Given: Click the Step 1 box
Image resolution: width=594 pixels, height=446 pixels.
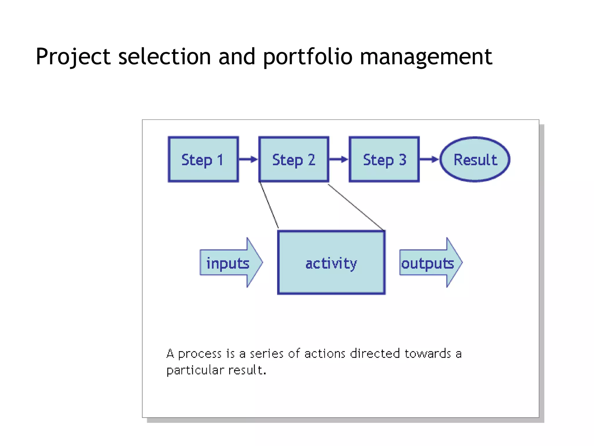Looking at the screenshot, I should (203, 159).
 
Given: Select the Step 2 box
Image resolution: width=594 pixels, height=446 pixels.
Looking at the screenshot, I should (294, 159).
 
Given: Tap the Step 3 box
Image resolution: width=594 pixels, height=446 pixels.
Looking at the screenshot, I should (384, 159).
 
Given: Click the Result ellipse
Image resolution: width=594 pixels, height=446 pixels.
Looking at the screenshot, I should (475, 159).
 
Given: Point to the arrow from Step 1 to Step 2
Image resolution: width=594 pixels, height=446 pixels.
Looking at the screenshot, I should (248, 159).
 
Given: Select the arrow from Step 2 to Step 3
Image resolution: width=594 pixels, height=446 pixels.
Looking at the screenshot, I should (339, 159).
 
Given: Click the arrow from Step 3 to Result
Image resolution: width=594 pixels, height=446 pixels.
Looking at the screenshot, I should (429, 159).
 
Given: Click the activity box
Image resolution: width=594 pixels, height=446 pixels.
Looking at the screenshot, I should (331, 263).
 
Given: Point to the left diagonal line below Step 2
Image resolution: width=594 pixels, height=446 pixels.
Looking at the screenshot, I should (269, 205).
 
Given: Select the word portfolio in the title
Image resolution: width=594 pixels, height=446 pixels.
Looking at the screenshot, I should (307, 57).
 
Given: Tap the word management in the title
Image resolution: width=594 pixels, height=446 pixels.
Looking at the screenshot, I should (425, 57).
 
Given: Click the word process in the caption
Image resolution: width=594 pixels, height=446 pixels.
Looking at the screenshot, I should (200, 354).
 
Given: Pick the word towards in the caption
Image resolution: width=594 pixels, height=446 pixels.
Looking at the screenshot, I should (428, 354).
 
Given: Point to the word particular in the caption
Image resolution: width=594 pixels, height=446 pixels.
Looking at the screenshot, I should (195, 371).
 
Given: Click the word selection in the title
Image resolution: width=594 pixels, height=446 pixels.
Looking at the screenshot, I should (164, 57).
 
